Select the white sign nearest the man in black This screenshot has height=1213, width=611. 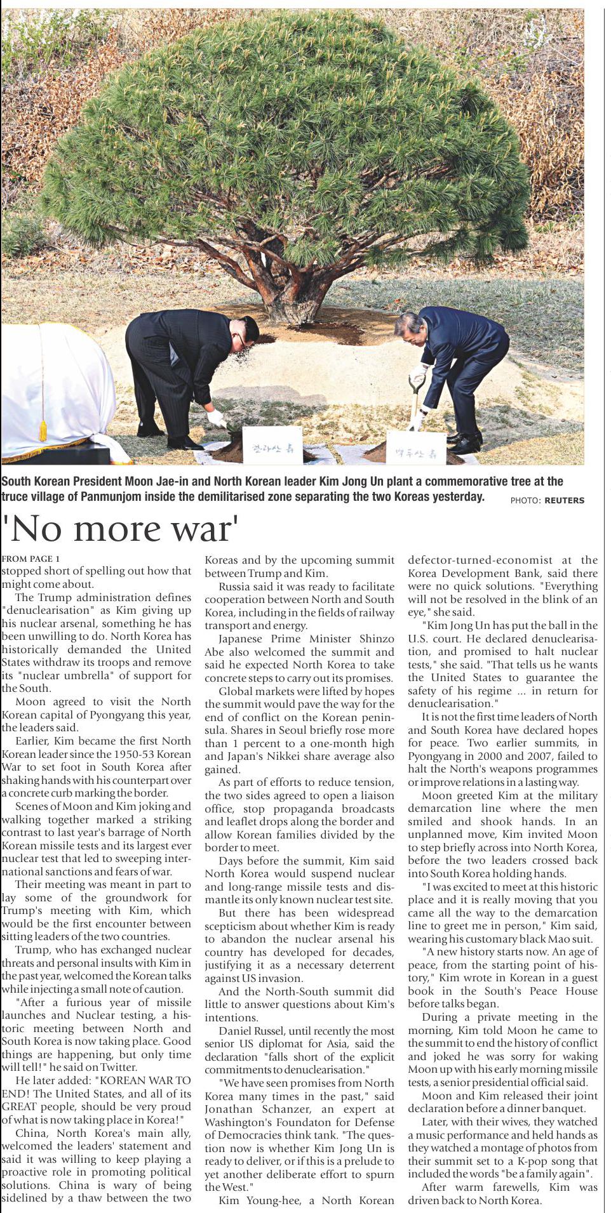click(272, 444)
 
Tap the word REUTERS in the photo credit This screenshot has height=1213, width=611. click(564, 500)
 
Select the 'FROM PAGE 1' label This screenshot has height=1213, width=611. click(30, 559)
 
